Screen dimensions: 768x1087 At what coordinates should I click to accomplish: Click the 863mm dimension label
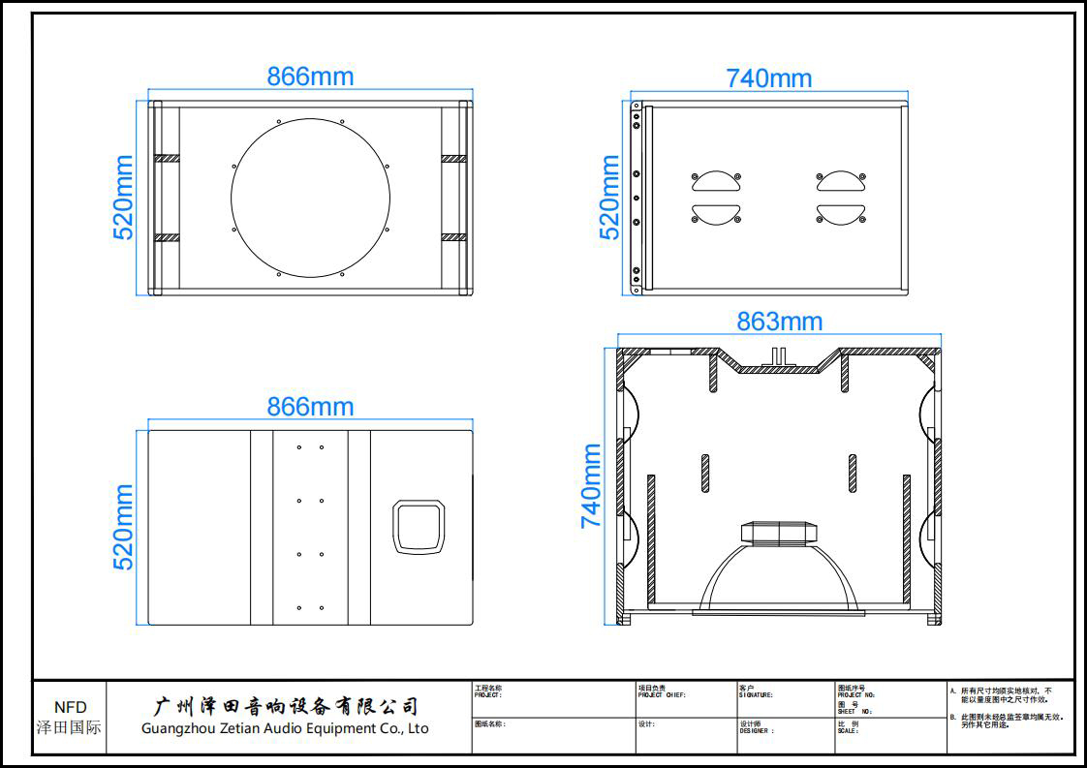tap(779, 322)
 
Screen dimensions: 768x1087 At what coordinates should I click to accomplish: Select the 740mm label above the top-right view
tap(768, 78)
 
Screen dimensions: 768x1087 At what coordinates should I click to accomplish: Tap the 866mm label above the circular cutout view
tap(310, 77)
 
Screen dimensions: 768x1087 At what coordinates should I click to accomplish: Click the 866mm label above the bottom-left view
tap(310, 407)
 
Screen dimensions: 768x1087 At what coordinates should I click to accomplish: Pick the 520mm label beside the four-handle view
tap(609, 198)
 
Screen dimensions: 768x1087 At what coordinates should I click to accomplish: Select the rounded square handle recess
tap(419, 527)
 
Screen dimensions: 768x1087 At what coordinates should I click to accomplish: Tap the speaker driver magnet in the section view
tap(778, 533)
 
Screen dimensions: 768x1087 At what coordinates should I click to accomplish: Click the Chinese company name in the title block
tap(287, 706)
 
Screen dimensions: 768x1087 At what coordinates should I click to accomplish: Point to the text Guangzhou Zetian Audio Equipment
tap(284, 728)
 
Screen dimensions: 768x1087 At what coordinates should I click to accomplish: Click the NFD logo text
tap(70, 708)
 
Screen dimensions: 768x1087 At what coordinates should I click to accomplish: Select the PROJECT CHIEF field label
tap(662, 694)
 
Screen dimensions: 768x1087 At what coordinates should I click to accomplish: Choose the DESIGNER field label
tap(757, 730)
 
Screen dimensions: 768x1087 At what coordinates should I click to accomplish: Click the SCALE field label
tap(848, 730)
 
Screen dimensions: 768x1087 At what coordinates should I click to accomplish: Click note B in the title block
tap(1008, 721)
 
